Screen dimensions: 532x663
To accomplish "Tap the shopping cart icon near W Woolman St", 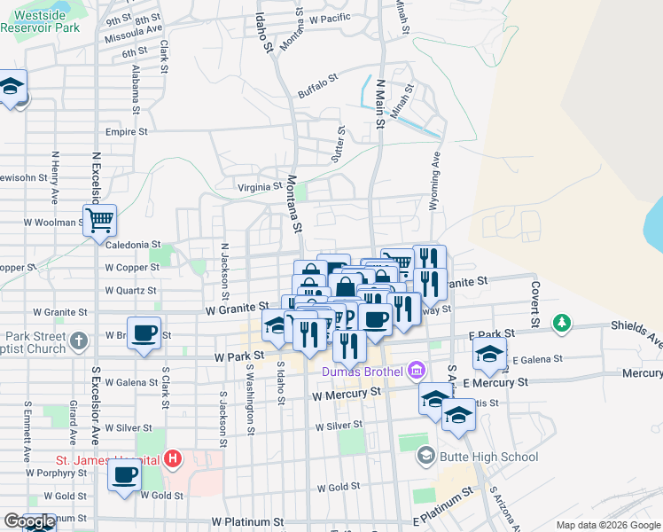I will pos(100,219).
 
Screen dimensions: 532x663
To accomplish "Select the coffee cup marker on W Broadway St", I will pos(144,333).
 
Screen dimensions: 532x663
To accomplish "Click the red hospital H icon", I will pos(174,459).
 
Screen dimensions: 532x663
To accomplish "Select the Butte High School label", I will pos(489,458).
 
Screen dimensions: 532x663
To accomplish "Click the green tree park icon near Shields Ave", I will pos(561,323).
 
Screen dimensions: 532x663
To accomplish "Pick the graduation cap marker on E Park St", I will pos(489,354).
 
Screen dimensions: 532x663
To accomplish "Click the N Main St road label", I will pos(380,106).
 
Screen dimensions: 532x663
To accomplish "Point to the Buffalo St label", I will pos(318,87).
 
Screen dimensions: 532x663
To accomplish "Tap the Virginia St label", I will pos(260,187).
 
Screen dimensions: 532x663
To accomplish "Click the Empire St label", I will pos(126,132).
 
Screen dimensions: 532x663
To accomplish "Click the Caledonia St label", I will pos(132,244).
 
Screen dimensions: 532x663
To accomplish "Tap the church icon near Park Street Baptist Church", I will pos(80,340).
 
